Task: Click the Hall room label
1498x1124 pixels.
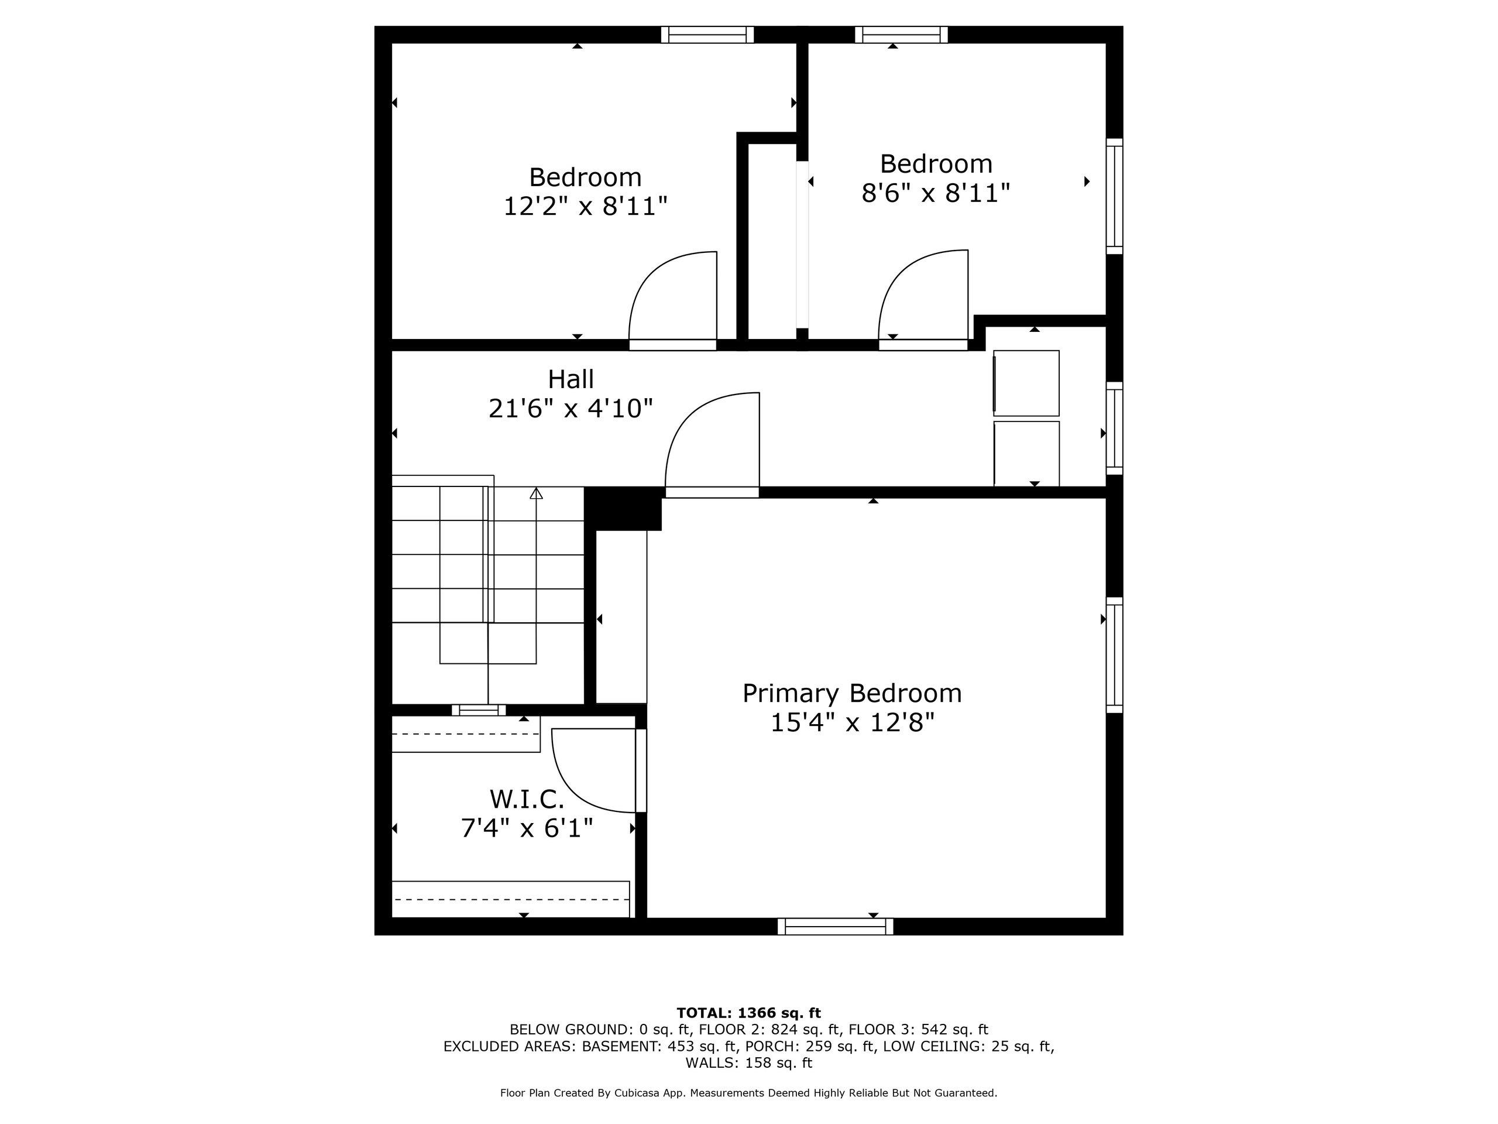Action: tap(571, 379)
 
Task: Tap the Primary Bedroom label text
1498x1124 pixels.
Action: tap(852, 694)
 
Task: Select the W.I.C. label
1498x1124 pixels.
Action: tap(527, 800)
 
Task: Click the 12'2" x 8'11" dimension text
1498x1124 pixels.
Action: tap(585, 206)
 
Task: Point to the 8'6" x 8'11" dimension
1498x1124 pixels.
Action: tap(936, 193)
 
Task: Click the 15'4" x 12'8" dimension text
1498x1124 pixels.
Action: tap(852, 723)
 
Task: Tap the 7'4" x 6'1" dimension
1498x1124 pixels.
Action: tap(527, 828)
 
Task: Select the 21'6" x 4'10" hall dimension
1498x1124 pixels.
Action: tap(571, 409)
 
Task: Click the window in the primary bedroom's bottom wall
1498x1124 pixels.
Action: tap(835, 926)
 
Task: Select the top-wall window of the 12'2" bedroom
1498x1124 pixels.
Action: tap(707, 35)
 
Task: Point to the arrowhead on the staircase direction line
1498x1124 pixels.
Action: tap(537, 494)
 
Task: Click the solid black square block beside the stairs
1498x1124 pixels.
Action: tap(623, 509)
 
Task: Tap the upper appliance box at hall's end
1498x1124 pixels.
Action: tap(1026, 383)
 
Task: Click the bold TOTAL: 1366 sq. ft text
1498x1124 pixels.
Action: tap(748, 1013)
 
